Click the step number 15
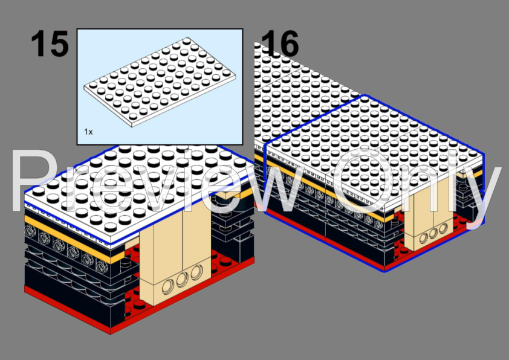(x=50, y=43)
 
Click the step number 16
(x=279, y=43)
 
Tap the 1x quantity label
(x=88, y=132)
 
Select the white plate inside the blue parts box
(x=160, y=82)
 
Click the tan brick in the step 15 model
(x=175, y=253)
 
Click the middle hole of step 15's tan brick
(x=182, y=280)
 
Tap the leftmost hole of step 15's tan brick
(x=168, y=286)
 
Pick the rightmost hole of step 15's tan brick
(x=196, y=272)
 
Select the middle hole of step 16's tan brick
(x=433, y=233)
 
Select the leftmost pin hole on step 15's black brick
(x=30, y=231)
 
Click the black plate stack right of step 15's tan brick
(x=232, y=227)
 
